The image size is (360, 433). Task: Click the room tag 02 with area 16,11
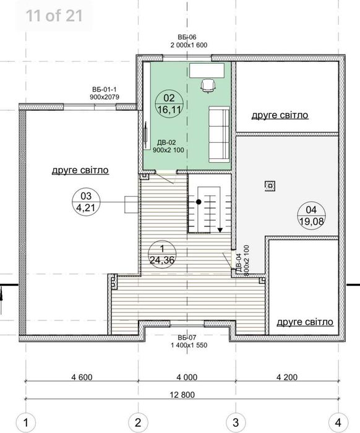point(169,104)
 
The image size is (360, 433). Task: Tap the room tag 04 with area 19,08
point(311,215)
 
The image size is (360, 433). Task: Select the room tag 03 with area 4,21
point(86,202)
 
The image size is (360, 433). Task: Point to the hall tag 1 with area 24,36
point(162,254)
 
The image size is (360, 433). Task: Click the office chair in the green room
point(208,85)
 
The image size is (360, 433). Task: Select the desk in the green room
point(207,71)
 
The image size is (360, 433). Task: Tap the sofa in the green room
point(219,134)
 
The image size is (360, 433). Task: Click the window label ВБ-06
point(187,37)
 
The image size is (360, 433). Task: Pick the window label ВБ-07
point(187,338)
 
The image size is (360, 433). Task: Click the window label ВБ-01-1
point(105,90)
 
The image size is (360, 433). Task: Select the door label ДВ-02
point(166,143)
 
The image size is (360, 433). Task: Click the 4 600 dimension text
point(82,377)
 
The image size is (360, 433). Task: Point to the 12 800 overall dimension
point(182,395)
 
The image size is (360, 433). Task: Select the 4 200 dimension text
point(287,377)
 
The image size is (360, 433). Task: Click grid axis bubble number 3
point(236,422)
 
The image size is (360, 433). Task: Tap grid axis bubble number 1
point(26,422)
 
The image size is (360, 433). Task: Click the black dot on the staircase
point(199,202)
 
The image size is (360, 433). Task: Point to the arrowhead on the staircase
point(220,229)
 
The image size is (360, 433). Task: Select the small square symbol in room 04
point(270,186)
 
